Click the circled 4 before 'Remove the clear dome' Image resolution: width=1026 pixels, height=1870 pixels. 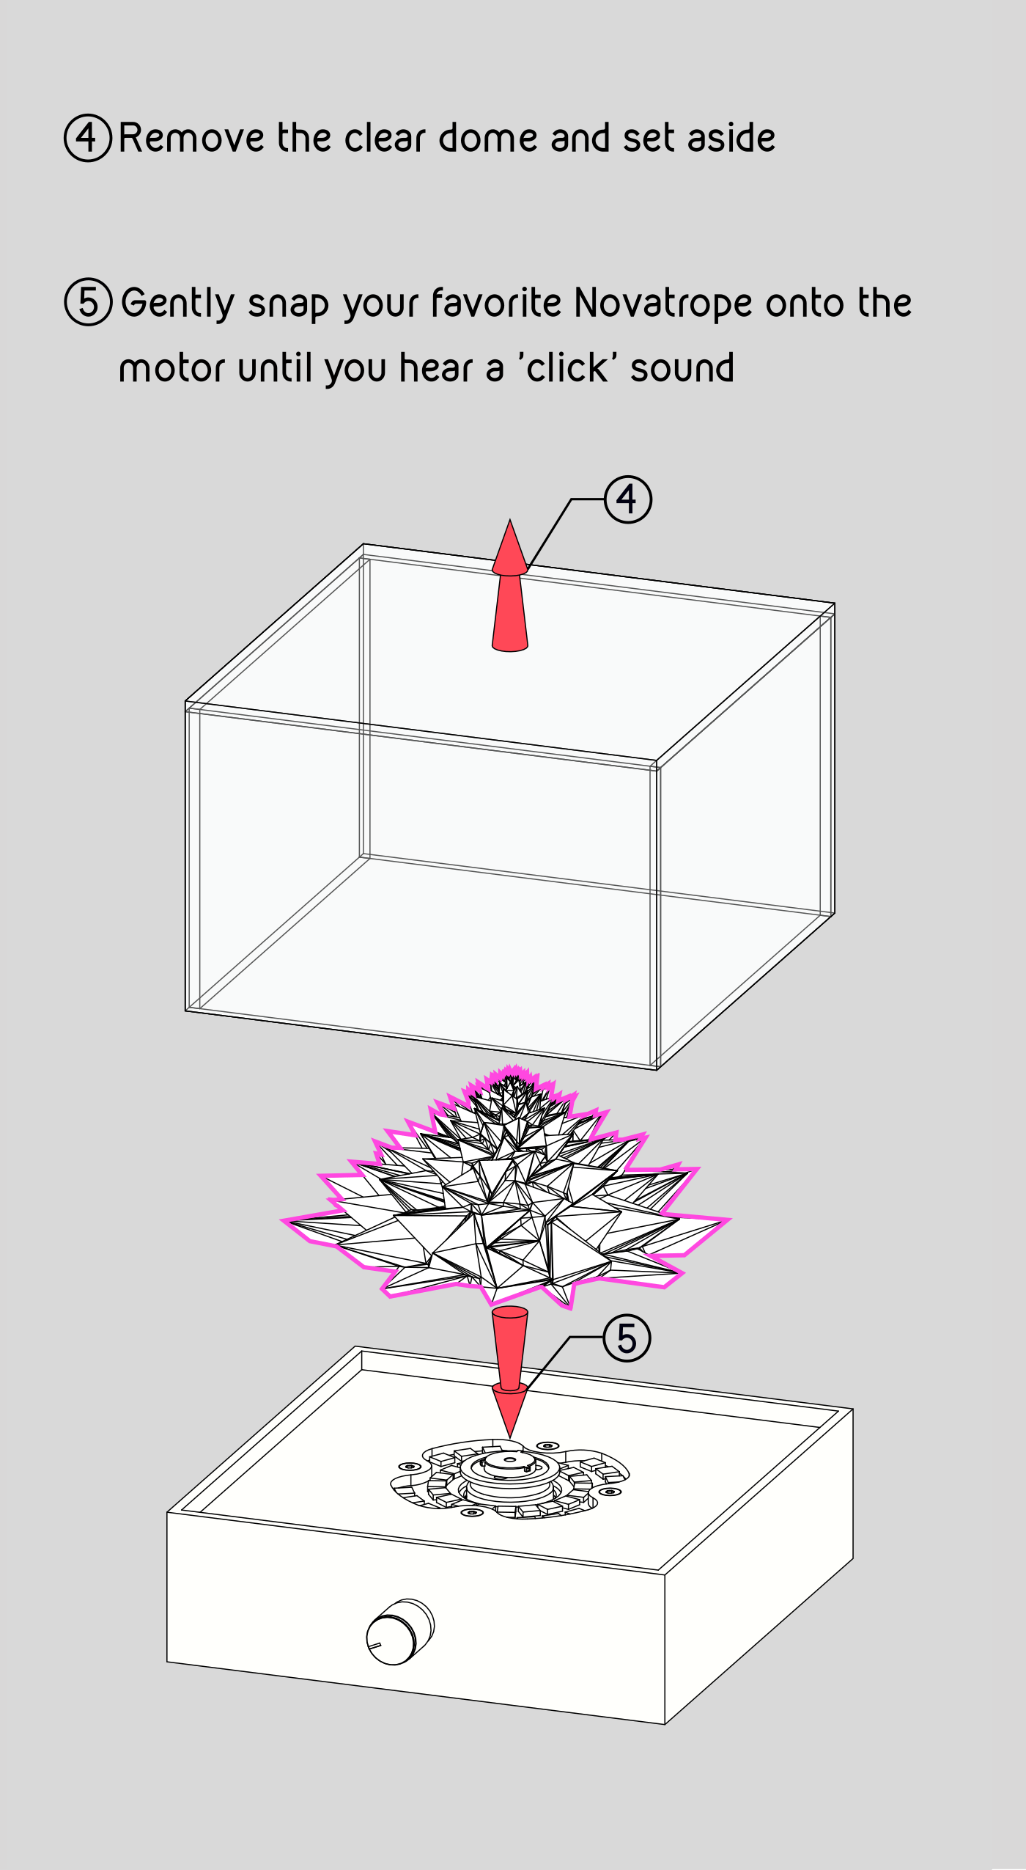(x=88, y=138)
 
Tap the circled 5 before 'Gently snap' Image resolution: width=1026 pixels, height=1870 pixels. (x=88, y=302)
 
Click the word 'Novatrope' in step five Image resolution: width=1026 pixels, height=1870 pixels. (x=663, y=304)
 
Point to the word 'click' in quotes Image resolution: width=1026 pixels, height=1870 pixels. (x=568, y=367)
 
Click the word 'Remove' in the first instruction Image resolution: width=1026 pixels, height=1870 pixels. (x=191, y=138)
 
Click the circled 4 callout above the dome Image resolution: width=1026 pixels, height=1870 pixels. (x=628, y=499)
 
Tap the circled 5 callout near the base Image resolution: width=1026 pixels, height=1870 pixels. (x=627, y=1338)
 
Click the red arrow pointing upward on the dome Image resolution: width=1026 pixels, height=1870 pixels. (x=510, y=586)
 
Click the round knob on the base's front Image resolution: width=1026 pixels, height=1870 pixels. (x=400, y=1632)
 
